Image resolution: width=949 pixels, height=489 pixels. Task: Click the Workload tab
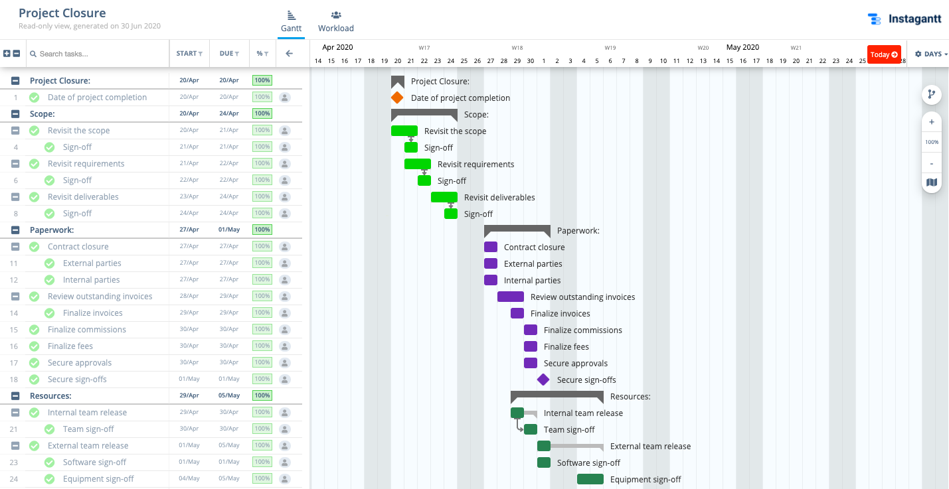[335, 21]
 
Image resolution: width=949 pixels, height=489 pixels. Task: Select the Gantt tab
[291, 21]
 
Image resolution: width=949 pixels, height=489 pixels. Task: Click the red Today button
[884, 54]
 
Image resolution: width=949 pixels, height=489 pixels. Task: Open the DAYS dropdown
[930, 54]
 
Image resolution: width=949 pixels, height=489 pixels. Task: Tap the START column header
[189, 54]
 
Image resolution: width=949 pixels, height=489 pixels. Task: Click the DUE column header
[229, 54]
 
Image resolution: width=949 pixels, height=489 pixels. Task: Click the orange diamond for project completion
[397, 98]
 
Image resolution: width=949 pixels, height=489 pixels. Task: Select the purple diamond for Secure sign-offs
[543, 380]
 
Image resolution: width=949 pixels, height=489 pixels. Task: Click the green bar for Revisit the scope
[404, 131]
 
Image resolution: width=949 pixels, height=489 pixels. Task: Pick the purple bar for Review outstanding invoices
[510, 297]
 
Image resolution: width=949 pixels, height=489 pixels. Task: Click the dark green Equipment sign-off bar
[590, 479]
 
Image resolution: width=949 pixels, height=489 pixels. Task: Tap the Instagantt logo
[905, 19]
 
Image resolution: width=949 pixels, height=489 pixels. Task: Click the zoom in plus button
[932, 122]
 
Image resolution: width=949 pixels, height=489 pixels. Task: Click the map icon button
[932, 182]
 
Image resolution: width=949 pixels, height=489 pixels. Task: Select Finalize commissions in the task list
[86, 330]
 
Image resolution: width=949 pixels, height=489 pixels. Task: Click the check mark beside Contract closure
[34, 247]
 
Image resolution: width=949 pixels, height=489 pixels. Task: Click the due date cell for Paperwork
[229, 230]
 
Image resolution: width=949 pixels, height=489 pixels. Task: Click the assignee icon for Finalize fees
[285, 346]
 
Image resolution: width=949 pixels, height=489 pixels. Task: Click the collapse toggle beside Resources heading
[15, 395]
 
